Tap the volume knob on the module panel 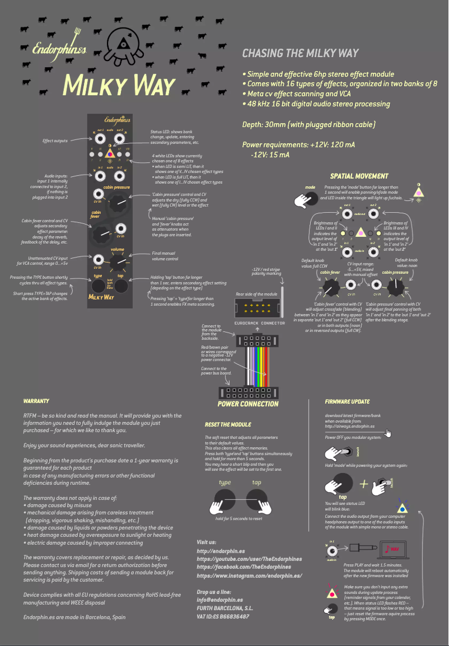(x=118, y=261)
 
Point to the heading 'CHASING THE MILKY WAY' (x=300, y=53)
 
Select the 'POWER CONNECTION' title (x=247, y=404)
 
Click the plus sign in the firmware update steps (x=364, y=483)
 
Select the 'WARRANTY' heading (x=36, y=401)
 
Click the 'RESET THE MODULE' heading (x=228, y=424)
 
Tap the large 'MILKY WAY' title (x=120, y=85)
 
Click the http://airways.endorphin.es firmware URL (x=350, y=427)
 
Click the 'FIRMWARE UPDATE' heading (x=347, y=401)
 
